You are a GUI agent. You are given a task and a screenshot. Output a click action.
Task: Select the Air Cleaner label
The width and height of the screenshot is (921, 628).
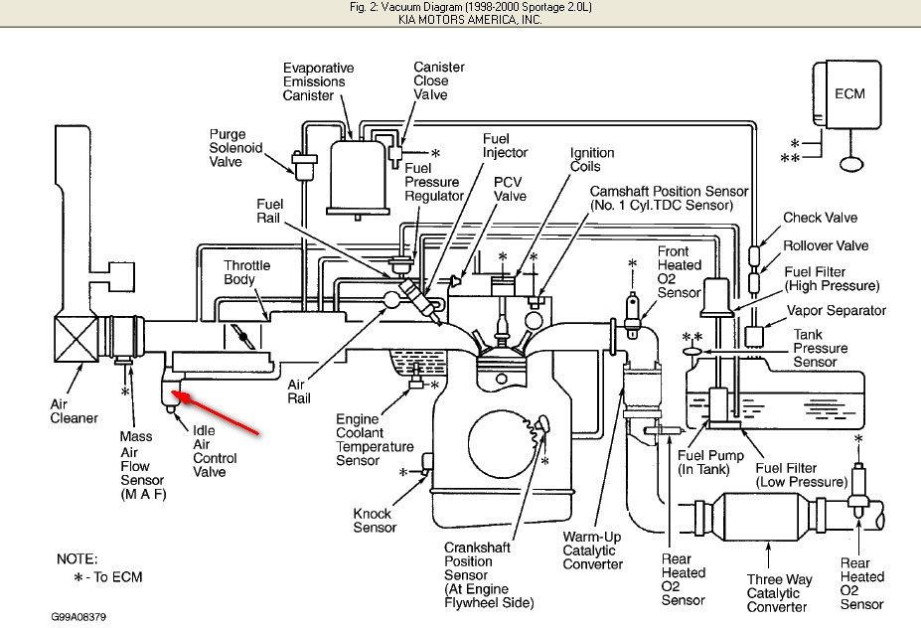pos(74,411)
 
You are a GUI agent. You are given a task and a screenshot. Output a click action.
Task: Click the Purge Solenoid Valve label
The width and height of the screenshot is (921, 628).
pos(233,148)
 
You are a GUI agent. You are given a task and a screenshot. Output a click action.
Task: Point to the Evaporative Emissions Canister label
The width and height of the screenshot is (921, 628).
pos(318,81)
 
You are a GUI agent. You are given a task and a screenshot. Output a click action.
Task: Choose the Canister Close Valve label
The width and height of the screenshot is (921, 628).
pos(438,80)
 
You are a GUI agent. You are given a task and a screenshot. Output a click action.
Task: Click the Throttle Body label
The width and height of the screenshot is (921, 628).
pos(246,272)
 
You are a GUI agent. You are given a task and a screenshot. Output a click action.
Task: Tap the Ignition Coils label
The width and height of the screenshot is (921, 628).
pos(591,160)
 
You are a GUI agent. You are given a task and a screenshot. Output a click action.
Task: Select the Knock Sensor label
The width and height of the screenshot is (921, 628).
pos(375,520)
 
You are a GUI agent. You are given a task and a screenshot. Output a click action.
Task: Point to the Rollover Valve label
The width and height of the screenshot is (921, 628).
pos(826,245)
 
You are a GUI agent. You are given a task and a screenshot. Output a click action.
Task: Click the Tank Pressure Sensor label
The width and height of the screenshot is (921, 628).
pos(821,349)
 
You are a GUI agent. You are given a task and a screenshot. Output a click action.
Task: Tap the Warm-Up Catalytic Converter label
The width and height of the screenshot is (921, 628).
pos(594,550)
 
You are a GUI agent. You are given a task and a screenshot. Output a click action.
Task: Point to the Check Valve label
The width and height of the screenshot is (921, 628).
pos(820,218)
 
